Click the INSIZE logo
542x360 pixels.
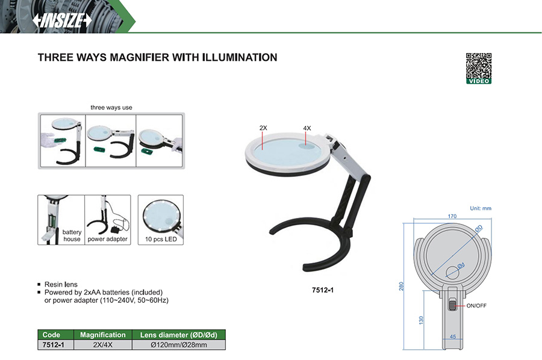pos(62,20)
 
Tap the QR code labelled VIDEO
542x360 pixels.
pos(478,69)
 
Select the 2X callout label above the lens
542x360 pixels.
pos(263,128)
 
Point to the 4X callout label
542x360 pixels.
pos(307,128)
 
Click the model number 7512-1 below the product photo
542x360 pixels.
pos(323,290)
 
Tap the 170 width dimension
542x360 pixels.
pos(452,216)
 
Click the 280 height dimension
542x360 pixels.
pos(401,286)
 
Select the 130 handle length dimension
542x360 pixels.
pos(421,320)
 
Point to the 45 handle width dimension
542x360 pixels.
pos(453,337)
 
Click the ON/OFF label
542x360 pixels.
pos(476,306)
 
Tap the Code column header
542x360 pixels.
pos(51,335)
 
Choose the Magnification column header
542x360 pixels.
pos(102,335)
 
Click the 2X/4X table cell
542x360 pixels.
pos(102,345)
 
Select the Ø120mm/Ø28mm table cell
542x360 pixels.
pos(179,345)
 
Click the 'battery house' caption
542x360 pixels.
pos(72,235)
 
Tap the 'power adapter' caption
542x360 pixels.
pos(108,239)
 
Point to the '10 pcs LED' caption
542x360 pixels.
pos(161,239)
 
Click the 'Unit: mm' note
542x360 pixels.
pos(481,208)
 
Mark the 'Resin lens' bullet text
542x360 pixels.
pos(61,284)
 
